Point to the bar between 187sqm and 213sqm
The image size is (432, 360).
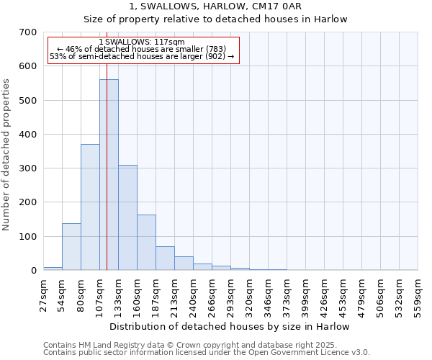165,258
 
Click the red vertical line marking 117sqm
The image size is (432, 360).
107,180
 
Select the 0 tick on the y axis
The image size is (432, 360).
33,271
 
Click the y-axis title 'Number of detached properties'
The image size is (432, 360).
7,155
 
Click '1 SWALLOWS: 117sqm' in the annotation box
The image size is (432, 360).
142,42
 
